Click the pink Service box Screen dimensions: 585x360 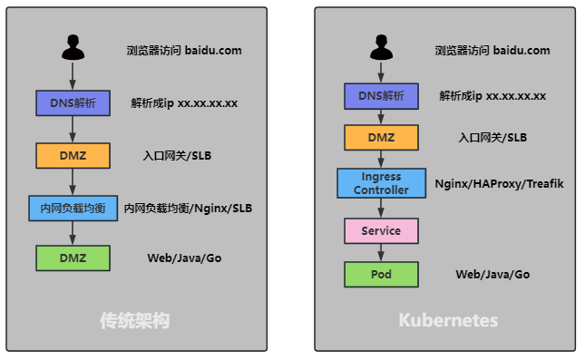[x=381, y=231]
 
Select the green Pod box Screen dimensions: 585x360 [x=381, y=275]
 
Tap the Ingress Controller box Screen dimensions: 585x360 [x=381, y=183]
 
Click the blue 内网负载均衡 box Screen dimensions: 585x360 [x=73, y=209]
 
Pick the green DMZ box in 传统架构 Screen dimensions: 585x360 [x=73, y=258]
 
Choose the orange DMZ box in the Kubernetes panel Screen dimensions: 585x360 [x=381, y=138]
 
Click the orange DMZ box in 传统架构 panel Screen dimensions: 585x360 [x=73, y=156]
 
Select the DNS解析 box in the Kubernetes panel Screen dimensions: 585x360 [x=381, y=96]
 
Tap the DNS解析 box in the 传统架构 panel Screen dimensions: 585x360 [x=73, y=103]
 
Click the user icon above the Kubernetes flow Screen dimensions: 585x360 [x=381, y=47]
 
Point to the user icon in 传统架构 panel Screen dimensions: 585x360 [x=73, y=47]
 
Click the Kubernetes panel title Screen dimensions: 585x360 [x=448, y=320]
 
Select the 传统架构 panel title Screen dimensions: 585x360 [x=134, y=320]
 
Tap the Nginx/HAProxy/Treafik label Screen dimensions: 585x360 [x=499, y=183]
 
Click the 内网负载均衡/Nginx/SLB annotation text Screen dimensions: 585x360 [x=188, y=209]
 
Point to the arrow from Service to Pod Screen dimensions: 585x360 [x=381, y=253]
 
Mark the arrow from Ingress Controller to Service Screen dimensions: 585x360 [x=381, y=209]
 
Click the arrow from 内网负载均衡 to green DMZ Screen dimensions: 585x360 [x=73, y=233]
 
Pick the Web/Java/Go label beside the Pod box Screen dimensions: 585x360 [x=492, y=275]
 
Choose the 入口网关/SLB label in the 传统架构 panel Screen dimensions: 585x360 [x=177, y=156]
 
